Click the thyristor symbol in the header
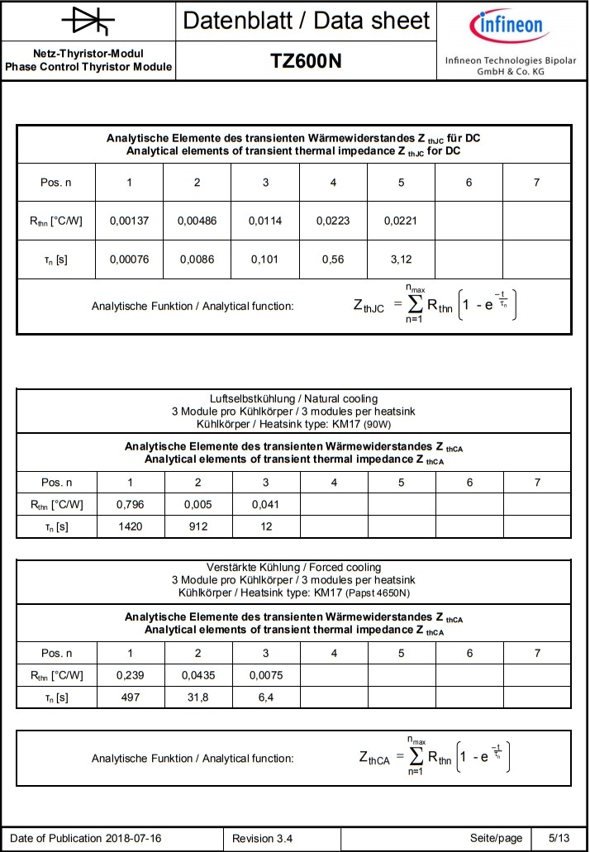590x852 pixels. (88, 21)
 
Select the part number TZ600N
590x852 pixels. (306, 62)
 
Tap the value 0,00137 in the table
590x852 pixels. (129, 221)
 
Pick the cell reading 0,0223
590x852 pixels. (333, 221)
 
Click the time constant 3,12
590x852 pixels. (401, 259)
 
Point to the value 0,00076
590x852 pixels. (129, 259)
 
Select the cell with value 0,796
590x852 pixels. (130, 504)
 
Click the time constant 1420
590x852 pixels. (130, 526)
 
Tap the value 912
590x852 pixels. (197, 526)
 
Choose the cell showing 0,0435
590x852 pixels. (197, 675)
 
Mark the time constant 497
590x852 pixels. (130, 697)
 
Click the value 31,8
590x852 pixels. (197, 697)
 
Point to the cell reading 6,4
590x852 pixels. (265, 697)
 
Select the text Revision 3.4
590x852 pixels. (262, 839)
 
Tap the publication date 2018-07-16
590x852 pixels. (133, 839)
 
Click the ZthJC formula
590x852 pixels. (438, 305)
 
